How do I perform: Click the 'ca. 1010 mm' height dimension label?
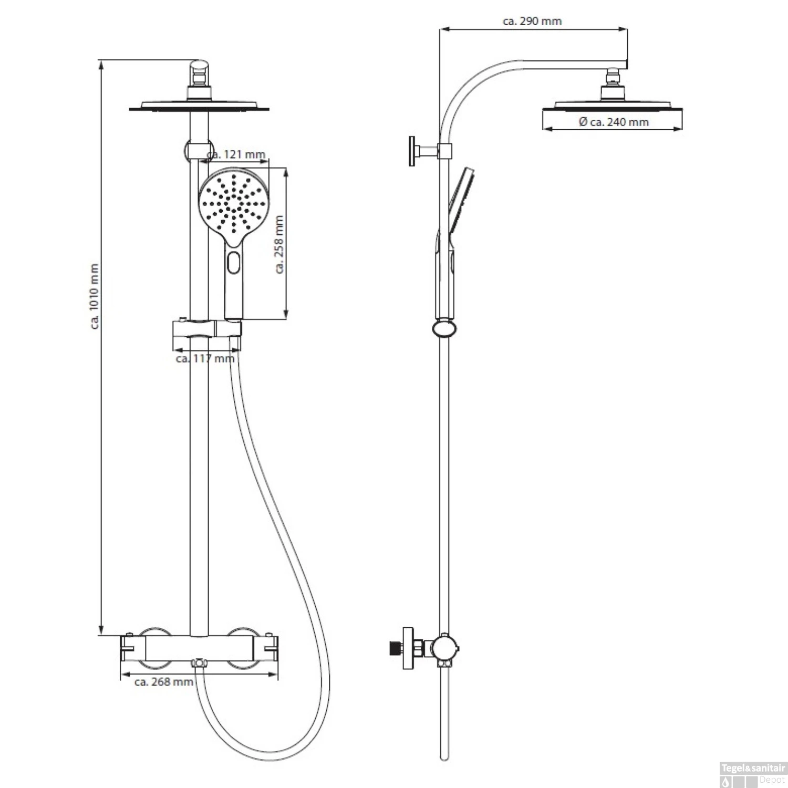point(95,296)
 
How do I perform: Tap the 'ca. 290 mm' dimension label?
point(532,22)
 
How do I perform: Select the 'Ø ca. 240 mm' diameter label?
point(614,122)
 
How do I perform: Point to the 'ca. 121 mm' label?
point(236,154)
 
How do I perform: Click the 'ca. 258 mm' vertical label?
point(279,244)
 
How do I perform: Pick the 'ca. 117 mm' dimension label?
point(205,358)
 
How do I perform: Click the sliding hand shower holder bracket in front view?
point(206,329)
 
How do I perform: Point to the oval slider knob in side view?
point(444,329)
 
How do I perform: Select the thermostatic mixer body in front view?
point(200,649)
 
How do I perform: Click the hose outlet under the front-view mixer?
point(199,664)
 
